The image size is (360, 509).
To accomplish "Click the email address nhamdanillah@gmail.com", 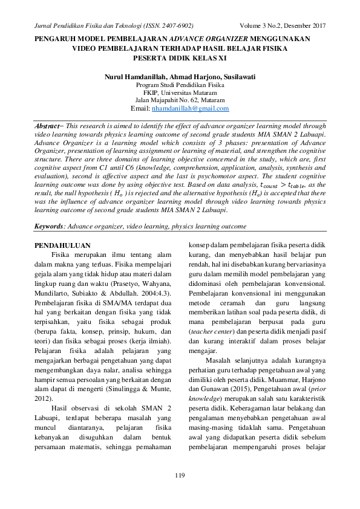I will [191, 108].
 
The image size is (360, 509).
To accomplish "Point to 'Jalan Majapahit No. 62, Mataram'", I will [180, 100].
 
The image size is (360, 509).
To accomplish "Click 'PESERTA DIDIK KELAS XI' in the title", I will [180, 59].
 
